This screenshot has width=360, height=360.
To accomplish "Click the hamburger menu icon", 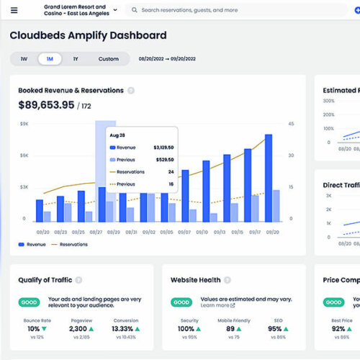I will click(x=14, y=10).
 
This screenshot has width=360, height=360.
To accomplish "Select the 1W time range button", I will click(x=24, y=59).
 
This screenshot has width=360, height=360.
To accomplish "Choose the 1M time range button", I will click(x=50, y=59).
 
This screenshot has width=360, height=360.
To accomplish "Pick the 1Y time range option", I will click(x=76, y=59).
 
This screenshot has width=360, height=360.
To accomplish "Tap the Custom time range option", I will click(x=109, y=59).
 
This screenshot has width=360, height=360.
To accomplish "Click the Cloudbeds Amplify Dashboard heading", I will click(x=88, y=35).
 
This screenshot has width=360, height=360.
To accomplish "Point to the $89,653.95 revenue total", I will click(x=46, y=105).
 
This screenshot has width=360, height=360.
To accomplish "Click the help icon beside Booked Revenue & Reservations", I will click(x=130, y=91).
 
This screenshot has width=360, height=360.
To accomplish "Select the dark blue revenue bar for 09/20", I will click(x=269, y=177).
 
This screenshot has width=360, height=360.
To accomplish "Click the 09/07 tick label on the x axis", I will click(x=185, y=232).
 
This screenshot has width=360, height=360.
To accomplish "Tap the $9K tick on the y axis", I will click(x=24, y=124).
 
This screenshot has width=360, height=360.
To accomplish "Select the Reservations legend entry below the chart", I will click(x=73, y=245).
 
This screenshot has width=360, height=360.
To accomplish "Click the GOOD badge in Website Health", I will click(x=181, y=302).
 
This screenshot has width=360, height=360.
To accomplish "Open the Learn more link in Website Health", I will click(x=215, y=305).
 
